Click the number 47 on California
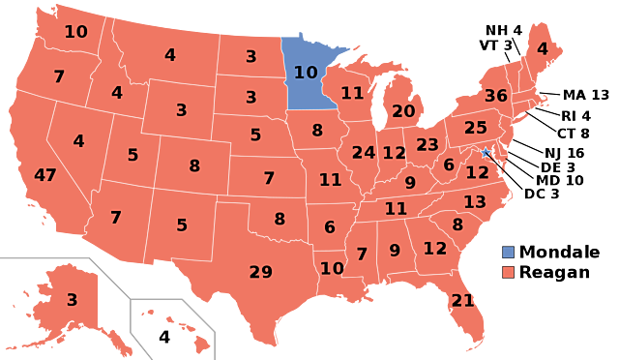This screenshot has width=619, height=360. coord(45,175)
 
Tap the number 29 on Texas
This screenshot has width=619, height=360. coord(261,272)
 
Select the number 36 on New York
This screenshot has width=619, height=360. coord(495,96)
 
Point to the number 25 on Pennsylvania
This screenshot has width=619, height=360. coord(476,128)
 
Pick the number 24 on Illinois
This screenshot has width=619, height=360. coord(364,153)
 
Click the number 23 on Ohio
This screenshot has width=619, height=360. coord(427,145)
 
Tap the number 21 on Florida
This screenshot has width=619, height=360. coord(463,301)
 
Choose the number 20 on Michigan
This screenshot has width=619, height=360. coord(403,111)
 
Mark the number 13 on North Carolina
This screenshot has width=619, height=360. coord(475,202)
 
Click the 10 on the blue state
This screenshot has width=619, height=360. coord(306,73)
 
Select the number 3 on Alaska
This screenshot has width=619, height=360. coord(72,300)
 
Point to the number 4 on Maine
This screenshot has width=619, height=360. coord(543,48)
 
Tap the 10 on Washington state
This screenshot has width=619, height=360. coord(75,32)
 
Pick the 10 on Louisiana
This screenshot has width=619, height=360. coord(332,268)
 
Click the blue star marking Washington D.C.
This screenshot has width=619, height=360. coord(486,152)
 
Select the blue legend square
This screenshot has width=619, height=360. coord(508,252)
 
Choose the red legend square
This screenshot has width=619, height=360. coord(508,272)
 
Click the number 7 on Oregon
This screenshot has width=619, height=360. coord(59,76)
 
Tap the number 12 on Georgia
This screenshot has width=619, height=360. coord(435,249)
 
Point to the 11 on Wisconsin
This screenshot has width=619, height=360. coord(352,93)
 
